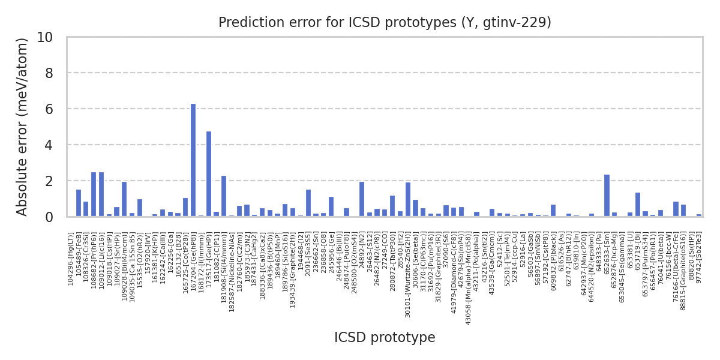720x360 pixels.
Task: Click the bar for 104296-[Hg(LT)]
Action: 79,203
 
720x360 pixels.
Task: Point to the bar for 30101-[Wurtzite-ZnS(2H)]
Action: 408,199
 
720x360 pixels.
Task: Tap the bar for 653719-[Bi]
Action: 638,205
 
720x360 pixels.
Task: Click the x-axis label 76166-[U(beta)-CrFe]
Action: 676,258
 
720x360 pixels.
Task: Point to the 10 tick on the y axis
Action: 53,37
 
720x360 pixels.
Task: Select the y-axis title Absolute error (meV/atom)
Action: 23,127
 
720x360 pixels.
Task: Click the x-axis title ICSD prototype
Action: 385,338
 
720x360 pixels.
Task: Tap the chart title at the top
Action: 385,23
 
